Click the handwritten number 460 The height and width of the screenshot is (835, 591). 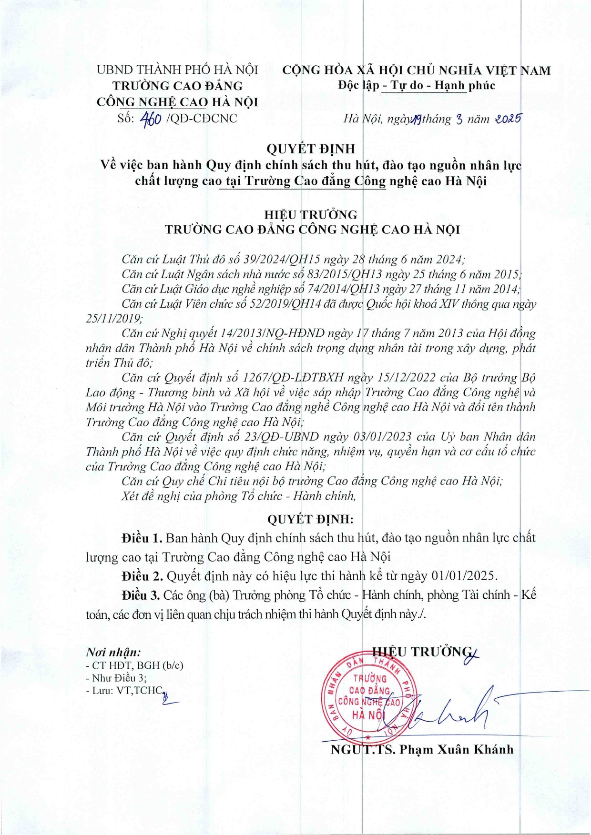pyautogui.click(x=151, y=119)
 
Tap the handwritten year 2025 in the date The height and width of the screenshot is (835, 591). pyautogui.click(x=508, y=119)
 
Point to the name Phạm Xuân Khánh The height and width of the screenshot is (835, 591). pyautogui.click(x=457, y=749)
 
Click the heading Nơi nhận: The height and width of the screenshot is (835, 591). pyautogui.click(x=113, y=652)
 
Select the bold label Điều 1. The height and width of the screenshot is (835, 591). pyautogui.click(x=142, y=538)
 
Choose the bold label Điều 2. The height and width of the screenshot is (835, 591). pyautogui.click(x=142, y=576)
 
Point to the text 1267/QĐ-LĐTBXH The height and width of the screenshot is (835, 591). pyautogui.click(x=293, y=378)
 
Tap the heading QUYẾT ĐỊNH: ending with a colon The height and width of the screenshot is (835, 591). pyautogui.click(x=310, y=519)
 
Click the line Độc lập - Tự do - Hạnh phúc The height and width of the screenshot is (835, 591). pyautogui.click(x=417, y=86)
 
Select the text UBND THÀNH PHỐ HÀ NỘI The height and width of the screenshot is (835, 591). pyautogui.click(x=177, y=70)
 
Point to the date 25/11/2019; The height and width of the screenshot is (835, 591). pyautogui.click(x=114, y=319)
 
